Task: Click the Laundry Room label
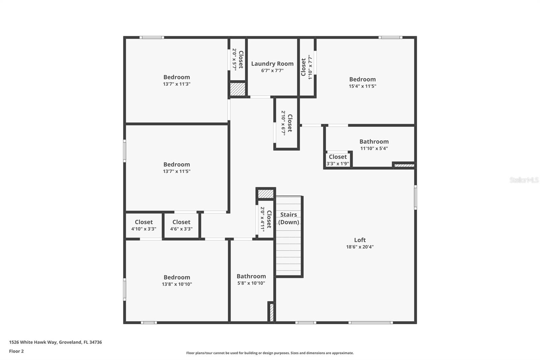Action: click(x=272, y=63)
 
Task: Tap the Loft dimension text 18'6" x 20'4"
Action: click(x=360, y=247)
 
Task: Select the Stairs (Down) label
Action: click(x=289, y=218)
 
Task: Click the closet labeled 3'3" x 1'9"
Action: click(x=337, y=160)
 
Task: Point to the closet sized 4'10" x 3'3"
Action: click(x=144, y=225)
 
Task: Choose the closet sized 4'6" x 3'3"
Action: click(x=181, y=225)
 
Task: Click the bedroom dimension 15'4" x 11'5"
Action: click(x=362, y=86)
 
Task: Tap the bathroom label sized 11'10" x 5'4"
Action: click(x=374, y=142)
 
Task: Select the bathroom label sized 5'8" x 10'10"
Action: click(x=251, y=276)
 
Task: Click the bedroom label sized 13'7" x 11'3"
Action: click(x=177, y=77)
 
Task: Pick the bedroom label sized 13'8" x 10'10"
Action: click(x=177, y=277)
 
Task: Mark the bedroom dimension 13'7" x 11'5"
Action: click(x=177, y=171)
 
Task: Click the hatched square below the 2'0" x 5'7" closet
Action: click(x=238, y=89)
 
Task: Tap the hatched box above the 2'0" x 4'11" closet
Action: click(x=266, y=194)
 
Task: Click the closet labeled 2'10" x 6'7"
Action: click(x=287, y=123)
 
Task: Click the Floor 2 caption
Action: click(x=16, y=351)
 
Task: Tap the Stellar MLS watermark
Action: click(x=524, y=180)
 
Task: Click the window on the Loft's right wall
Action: click(x=415, y=197)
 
